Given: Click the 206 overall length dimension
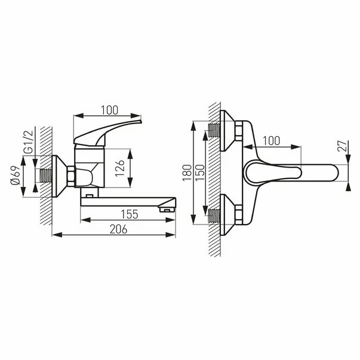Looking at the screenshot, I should click(x=114, y=229).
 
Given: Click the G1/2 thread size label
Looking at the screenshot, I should click(x=28, y=141).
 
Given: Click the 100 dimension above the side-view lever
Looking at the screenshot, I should click(x=109, y=110).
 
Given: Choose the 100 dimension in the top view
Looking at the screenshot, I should click(x=272, y=141).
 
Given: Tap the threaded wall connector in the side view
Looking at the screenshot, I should click(x=44, y=176).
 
